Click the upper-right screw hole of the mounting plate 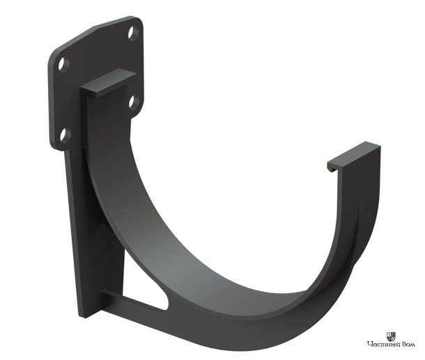(133, 33)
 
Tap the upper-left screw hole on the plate (63, 65)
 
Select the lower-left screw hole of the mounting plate (65, 136)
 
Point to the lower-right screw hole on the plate (134, 103)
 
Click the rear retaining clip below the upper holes (108, 83)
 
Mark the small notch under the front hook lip (332, 170)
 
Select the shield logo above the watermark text (391, 337)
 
